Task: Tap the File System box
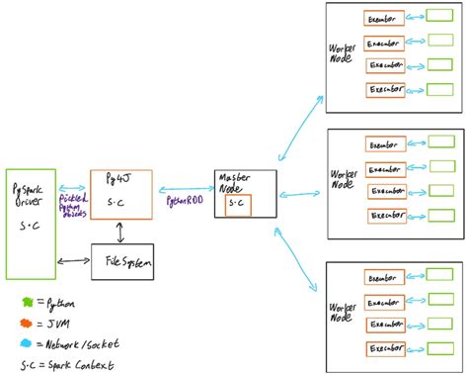point(122,261)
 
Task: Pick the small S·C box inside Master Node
point(238,205)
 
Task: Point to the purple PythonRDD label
point(183,200)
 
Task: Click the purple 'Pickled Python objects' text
point(72,206)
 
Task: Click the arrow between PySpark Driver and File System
point(75,262)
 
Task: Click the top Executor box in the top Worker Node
point(382,19)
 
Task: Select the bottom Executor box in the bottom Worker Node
point(385,350)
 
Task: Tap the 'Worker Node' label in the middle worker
point(342,178)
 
